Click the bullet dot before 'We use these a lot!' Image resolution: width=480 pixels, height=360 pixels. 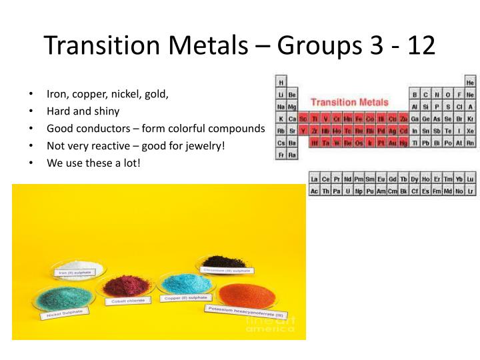click(31, 161)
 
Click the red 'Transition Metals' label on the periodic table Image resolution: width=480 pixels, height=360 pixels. click(349, 102)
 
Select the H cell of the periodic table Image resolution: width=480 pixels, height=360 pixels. click(281, 82)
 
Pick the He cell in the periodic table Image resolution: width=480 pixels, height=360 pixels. click(470, 82)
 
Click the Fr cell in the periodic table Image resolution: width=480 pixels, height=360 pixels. click(281, 155)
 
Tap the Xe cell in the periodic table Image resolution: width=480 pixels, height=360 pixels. click(470, 131)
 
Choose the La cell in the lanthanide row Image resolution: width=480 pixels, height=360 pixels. click(315, 179)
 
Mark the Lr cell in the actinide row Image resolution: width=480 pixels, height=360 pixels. click(470, 191)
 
